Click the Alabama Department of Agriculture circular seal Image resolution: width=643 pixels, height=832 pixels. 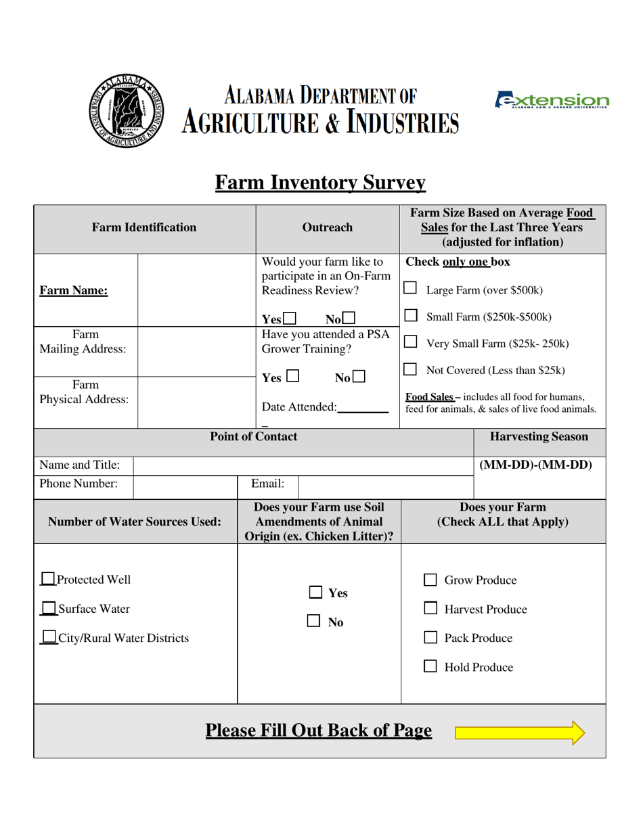[126, 111]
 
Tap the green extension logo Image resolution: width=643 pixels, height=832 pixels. [552, 101]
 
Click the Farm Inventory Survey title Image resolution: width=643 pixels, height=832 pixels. [320, 183]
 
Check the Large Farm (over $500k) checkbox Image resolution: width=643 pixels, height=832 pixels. [410, 288]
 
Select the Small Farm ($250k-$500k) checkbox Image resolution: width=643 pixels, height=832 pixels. [410, 315]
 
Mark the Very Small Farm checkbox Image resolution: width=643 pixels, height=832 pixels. [410, 342]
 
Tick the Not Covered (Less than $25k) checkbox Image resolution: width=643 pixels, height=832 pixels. [410, 369]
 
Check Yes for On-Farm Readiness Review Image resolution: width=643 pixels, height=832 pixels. [290, 319]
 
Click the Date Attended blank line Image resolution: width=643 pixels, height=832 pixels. [362, 407]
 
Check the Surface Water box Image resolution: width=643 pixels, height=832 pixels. [49, 609]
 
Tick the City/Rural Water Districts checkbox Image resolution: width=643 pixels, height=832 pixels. [49, 637]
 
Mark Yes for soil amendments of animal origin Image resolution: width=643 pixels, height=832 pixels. [315, 593]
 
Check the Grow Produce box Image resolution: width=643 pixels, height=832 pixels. [430, 580]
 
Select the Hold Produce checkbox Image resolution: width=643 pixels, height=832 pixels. [430, 667]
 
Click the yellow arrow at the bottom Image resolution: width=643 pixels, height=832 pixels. [519, 733]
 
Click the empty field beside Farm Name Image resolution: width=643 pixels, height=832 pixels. [196, 291]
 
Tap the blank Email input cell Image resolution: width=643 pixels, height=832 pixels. [385, 484]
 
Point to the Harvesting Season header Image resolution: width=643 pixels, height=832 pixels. [539, 437]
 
